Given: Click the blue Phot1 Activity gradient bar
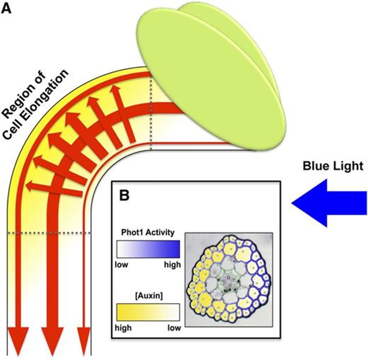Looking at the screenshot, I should pyautogui.click(x=148, y=249).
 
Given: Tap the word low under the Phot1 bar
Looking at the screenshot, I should pyautogui.click(x=121, y=264).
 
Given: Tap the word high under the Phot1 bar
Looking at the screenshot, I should pyautogui.click(x=172, y=264).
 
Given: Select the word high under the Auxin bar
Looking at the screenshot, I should pyautogui.click(x=123, y=328).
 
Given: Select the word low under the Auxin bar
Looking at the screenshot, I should pyautogui.click(x=174, y=328).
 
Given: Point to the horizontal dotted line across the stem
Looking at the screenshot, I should pyautogui.click(x=49, y=233).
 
